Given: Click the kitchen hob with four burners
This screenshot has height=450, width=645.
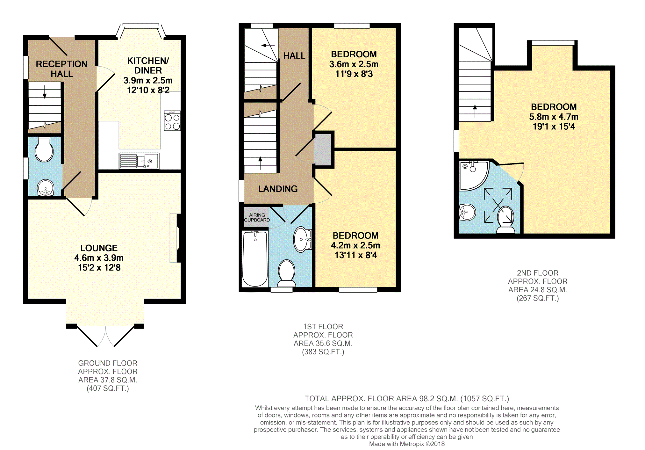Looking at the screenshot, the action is tap(172, 121).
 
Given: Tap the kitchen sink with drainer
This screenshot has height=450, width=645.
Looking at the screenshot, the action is tap(139, 161).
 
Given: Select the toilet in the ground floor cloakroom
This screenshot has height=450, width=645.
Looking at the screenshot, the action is tap(44, 149).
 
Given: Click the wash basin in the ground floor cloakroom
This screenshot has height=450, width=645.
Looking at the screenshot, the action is tap(45, 187).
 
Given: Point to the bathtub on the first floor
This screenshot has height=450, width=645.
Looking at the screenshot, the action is tap(255, 259).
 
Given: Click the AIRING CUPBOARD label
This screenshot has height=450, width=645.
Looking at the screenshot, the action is tap(257, 217).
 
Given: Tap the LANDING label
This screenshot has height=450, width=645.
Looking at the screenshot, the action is tap(278, 189).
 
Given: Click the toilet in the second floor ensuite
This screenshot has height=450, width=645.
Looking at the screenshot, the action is tap(505, 220).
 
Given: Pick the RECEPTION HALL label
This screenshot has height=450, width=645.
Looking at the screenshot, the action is tap(61, 69).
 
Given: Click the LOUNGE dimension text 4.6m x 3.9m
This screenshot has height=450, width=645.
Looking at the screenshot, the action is tap(99, 258).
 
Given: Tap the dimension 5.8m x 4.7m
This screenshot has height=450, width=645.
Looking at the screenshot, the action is tap(554, 117).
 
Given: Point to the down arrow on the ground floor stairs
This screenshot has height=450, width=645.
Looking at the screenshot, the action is tap(45, 91).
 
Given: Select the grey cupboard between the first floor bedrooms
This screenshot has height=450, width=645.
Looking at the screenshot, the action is tap(323, 149).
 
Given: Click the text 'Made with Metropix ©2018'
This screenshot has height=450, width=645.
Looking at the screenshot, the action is tap(407, 444).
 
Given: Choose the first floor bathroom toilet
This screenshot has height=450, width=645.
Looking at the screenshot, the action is tap(287, 273).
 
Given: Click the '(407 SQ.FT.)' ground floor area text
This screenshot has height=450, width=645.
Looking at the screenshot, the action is tap(108, 388).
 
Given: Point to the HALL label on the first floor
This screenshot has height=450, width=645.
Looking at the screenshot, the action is tap(294, 56).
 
